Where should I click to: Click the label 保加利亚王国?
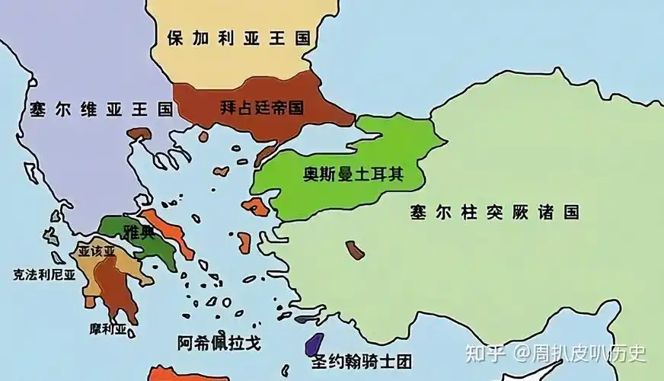pyautogui.click(x=238, y=37)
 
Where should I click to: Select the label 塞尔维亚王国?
pyautogui.click(x=101, y=108)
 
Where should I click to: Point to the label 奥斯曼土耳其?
pyautogui.click(x=353, y=174)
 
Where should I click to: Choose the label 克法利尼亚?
pyautogui.click(x=44, y=274)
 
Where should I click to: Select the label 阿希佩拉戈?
pyautogui.click(x=219, y=343)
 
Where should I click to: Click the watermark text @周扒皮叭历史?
pyautogui.click(x=579, y=353)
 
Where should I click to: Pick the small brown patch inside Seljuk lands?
pyautogui.click(x=355, y=250)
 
